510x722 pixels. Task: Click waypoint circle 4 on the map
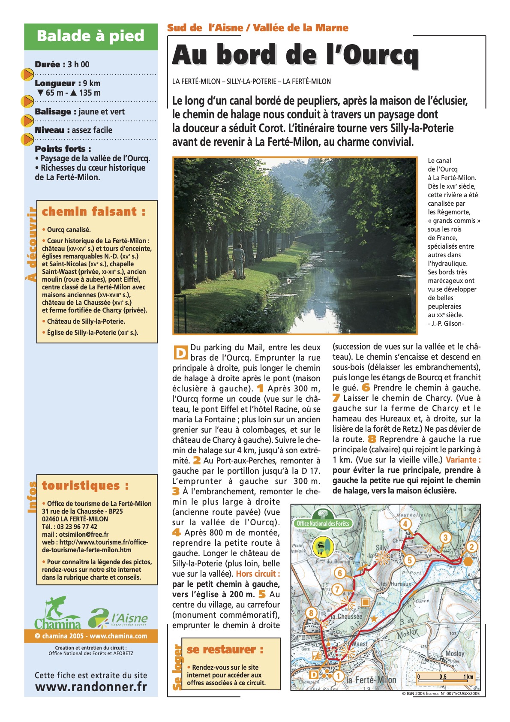click(x=405, y=523)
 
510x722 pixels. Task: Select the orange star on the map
click(x=374, y=619)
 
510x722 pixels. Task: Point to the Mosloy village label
click(x=455, y=653)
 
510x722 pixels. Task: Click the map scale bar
click(x=446, y=677)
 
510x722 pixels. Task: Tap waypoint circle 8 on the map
click(x=311, y=613)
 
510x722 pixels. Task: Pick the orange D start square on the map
click(x=314, y=674)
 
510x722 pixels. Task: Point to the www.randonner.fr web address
click(x=91, y=687)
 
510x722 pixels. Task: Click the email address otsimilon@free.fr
click(x=75, y=535)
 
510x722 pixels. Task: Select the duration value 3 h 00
click(x=78, y=64)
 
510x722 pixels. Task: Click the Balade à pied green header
click(x=90, y=36)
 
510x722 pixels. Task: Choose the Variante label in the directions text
click(x=463, y=460)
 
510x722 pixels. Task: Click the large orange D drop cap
click(x=180, y=352)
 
